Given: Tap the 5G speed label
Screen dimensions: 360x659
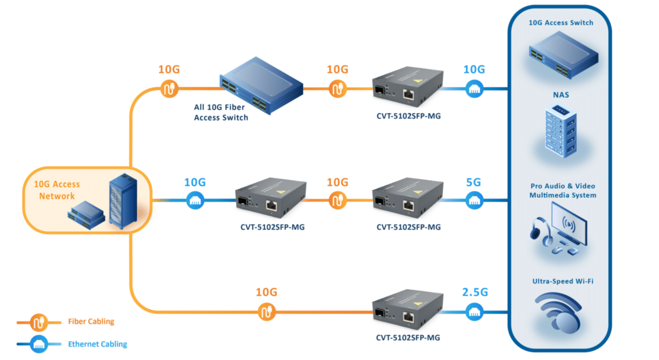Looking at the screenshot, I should pos(473,182).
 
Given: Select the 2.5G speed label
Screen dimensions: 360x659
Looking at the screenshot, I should pos(474,292).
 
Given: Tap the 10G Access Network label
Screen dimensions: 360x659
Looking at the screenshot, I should pos(57,190).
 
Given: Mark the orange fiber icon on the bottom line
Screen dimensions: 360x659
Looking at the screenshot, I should pos(266,313).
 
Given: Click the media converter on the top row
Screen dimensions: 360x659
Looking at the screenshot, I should pos(409,90).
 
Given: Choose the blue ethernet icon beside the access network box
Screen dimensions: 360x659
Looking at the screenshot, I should pos(195,201).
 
